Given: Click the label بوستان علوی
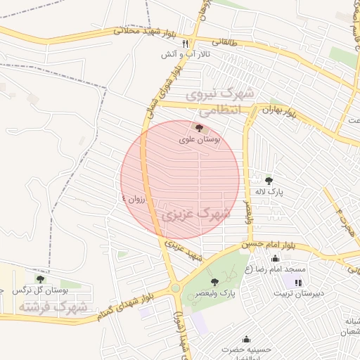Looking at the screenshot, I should pos(200,140).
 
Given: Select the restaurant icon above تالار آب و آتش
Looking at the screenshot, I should pos(185,44).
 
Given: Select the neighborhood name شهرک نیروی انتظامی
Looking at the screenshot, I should pos(217,102).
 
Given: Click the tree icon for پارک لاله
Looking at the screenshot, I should pos(269,180).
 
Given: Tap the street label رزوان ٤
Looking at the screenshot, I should pos(133,199).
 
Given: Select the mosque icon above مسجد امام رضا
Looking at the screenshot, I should pos(274,259).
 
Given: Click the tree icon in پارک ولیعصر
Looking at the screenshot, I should pos(214,281).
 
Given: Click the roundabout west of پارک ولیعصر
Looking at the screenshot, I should pos(175,288).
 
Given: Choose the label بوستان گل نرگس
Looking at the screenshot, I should pos(43,290).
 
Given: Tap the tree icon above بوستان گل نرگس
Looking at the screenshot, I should pos(39,279).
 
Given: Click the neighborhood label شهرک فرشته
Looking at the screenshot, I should pos(53,307).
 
